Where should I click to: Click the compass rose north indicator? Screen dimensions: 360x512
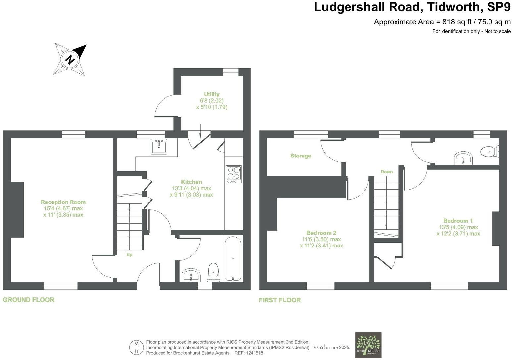coord(70,60)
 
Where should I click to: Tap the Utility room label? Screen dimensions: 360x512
coord(211,94)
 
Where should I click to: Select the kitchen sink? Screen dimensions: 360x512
coord(159,146)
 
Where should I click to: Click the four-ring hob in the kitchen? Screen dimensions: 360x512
coord(234,174)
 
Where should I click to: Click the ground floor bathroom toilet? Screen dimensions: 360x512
coord(213,272)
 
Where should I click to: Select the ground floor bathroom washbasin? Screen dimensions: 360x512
coord(191,275)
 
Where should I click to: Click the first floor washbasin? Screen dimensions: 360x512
coord(464,158)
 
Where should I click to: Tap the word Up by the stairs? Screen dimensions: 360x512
coord(129,255)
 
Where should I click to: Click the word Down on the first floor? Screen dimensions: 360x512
coord(386,172)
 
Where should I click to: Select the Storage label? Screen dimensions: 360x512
coord(301,156)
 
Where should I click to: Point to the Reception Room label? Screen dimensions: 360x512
coord(63,202)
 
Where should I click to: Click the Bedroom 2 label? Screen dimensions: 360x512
coord(321,233)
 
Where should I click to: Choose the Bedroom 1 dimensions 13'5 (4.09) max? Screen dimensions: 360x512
coord(458,227)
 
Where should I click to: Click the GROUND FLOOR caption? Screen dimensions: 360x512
coord(28,300)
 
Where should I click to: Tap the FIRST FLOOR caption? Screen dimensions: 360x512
coord(280,300)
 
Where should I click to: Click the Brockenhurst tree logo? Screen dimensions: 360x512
coord(368,345)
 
